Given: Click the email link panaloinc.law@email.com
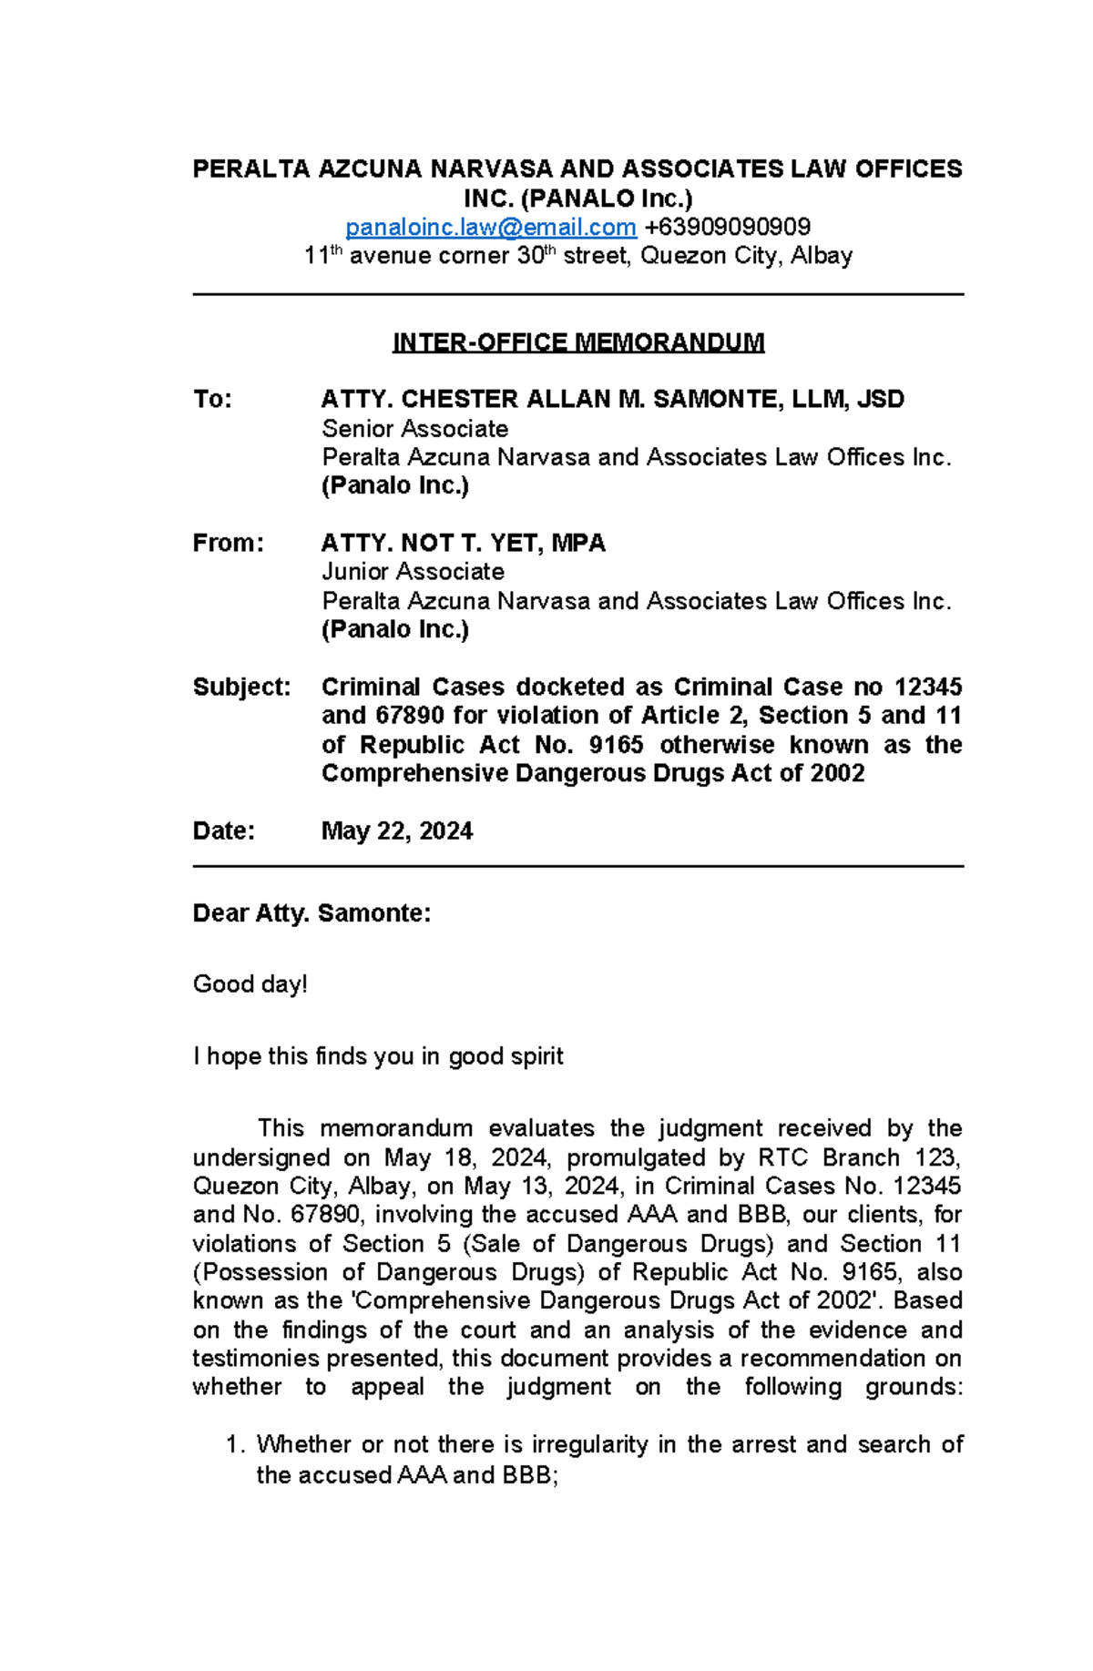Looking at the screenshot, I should click(491, 227).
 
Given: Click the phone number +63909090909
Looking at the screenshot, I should click(727, 227).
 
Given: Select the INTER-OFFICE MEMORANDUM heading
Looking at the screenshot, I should click(577, 342).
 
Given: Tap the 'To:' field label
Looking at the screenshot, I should click(212, 400).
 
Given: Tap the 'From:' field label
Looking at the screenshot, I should click(228, 544).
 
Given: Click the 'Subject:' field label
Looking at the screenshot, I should click(241, 687).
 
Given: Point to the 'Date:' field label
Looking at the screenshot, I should click(223, 830).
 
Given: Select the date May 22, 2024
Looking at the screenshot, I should click(396, 830).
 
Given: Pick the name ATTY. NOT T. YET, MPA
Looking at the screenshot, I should click(463, 544).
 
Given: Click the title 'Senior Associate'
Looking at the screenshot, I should click(414, 429).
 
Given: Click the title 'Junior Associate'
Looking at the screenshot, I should click(413, 572).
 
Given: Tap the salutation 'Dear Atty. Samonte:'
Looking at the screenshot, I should click(312, 913).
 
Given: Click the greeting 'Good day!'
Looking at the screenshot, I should click(250, 984).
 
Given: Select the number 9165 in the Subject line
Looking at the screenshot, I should click(616, 745).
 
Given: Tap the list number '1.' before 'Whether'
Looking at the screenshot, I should click(235, 1445).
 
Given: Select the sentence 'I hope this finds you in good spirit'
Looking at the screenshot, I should click(378, 1056).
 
